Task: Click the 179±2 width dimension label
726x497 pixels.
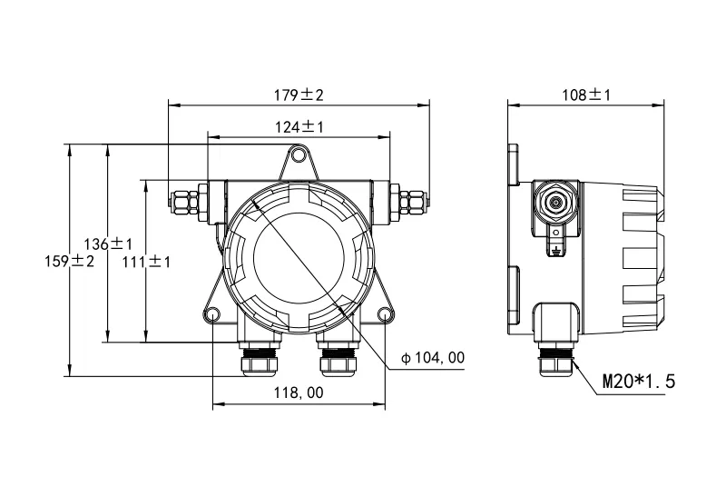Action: coord(299,95)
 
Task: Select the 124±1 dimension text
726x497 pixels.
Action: coord(299,126)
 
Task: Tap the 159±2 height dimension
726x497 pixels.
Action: coord(70,261)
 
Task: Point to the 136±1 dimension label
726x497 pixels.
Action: coord(108,244)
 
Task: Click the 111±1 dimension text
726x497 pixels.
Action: coord(146,262)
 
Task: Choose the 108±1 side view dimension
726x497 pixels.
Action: coord(586,95)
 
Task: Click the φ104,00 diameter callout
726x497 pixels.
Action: coord(433,357)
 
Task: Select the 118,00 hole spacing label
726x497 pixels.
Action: coord(299,393)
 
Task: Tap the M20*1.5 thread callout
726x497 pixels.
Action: coord(639,382)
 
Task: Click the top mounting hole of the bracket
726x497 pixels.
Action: coord(299,154)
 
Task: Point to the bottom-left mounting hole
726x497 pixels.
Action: coord(212,314)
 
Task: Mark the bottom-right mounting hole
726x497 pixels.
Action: coord(385,314)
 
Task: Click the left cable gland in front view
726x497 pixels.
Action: coord(260,357)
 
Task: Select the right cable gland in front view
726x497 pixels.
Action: coord(338,357)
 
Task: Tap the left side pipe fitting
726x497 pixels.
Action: coord(188,202)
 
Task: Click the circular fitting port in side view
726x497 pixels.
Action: coord(555,202)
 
